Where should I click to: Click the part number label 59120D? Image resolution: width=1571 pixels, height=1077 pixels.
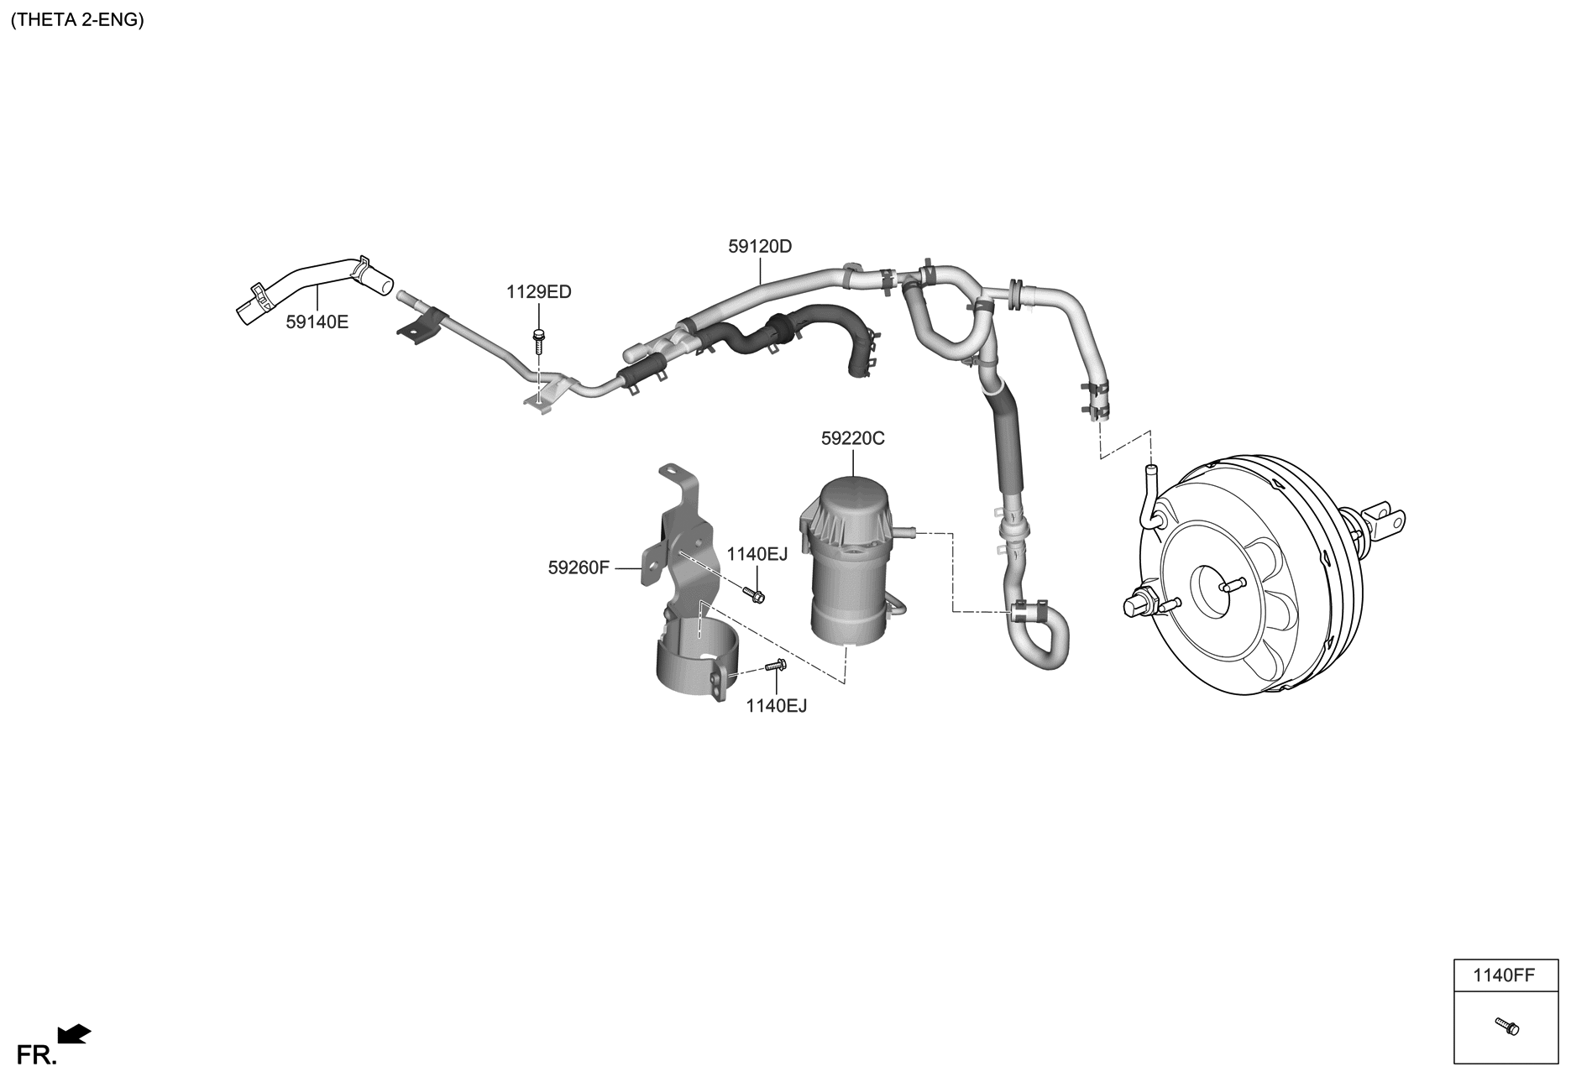(759, 247)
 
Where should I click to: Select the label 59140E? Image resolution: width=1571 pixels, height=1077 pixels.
(317, 322)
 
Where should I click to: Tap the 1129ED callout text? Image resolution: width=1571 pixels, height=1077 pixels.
(538, 292)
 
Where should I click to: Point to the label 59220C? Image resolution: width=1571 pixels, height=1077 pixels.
(852, 438)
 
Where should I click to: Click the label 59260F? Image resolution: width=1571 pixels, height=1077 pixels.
(579, 567)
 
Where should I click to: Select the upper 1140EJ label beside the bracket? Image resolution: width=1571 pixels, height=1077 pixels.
(757, 554)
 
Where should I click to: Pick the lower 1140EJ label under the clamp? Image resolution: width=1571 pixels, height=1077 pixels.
(776, 706)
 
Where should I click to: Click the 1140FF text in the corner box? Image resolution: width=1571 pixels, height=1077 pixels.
(1503, 975)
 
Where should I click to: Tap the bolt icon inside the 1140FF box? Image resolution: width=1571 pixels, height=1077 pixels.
(1507, 1026)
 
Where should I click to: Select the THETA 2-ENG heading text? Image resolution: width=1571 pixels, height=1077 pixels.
(77, 20)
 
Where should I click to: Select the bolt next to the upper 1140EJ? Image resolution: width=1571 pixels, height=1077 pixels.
(753, 595)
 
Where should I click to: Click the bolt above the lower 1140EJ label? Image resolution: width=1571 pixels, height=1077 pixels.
(775, 667)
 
